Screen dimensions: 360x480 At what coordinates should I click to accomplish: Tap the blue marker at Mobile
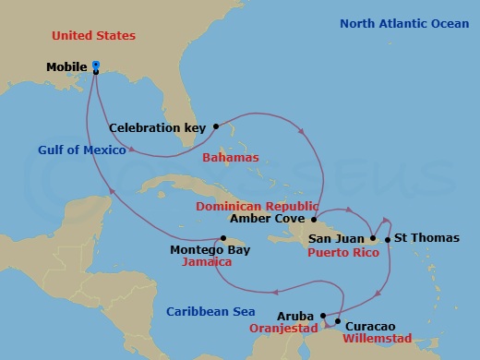(x=97, y=66)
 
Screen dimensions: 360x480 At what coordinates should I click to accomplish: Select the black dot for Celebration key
(x=215, y=126)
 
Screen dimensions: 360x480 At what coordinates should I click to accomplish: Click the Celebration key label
(x=159, y=127)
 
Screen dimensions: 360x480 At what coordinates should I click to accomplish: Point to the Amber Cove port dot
(x=314, y=220)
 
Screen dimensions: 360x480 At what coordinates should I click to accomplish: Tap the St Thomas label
(x=426, y=238)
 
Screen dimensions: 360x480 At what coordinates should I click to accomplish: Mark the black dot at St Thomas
(x=388, y=240)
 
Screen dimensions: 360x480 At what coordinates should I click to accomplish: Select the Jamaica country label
(x=208, y=262)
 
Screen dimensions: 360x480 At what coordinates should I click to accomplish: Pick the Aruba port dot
(x=323, y=316)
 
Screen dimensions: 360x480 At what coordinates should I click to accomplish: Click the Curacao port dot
(x=338, y=322)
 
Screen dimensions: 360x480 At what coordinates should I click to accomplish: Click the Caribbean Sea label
(x=210, y=312)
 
